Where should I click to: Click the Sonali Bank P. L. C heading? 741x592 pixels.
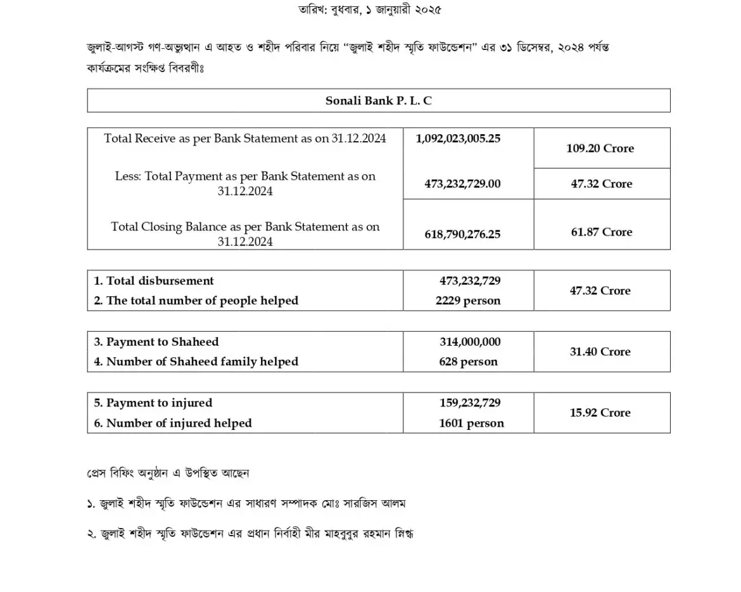click(378, 101)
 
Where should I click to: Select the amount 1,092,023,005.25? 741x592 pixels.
click(458, 138)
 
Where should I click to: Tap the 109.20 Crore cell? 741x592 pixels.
click(600, 148)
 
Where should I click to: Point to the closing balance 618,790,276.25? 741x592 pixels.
click(462, 234)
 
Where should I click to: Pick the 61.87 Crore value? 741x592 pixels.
click(601, 232)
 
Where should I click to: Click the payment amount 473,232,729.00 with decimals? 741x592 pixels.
click(462, 184)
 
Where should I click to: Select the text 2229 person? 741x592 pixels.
click(468, 301)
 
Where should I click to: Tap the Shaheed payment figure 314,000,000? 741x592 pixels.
click(470, 342)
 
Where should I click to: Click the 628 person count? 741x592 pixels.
click(468, 362)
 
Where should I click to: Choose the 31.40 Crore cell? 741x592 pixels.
click(600, 351)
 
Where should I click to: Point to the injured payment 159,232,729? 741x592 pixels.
click(470, 403)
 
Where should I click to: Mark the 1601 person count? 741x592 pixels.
click(471, 423)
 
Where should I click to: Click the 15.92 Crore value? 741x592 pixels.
click(600, 413)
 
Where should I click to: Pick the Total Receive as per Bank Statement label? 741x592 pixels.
click(245, 138)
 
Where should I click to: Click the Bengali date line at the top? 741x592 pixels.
click(370, 9)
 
